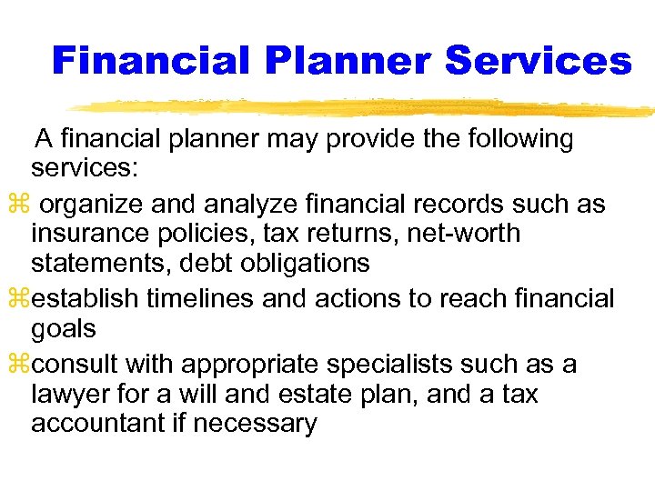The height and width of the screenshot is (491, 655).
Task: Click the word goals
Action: click(x=64, y=328)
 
